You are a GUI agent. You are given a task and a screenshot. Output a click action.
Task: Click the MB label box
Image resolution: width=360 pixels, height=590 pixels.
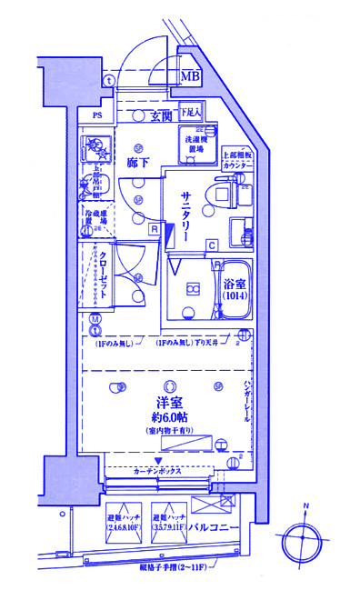click(x=191, y=77)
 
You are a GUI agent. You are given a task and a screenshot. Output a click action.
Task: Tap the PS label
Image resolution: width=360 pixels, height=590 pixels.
click(x=96, y=115)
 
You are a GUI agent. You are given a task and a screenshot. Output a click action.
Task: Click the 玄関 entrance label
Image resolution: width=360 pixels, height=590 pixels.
click(x=161, y=115)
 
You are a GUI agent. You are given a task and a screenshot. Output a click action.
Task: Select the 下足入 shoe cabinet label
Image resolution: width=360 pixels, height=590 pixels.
click(x=188, y=112)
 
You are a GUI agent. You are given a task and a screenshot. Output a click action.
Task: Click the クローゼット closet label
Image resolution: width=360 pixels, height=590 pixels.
click(x=105, y=276)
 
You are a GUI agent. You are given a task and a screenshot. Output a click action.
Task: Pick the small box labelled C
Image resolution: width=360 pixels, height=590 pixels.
click(x=211, y=245)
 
